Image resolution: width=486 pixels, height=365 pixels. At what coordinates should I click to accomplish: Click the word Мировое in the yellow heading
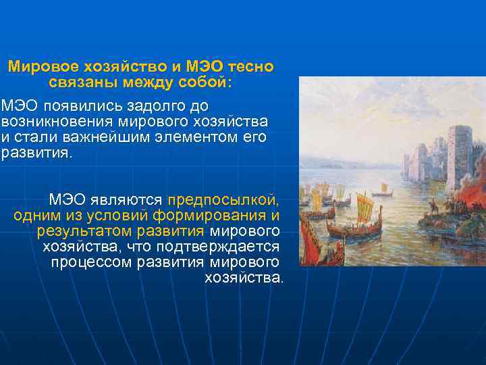click(x=40, y=67)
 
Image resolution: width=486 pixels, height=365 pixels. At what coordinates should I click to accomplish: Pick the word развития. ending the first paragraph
click(x=35, y=153)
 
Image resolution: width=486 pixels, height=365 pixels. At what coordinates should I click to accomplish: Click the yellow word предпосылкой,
click(x=223, y=200)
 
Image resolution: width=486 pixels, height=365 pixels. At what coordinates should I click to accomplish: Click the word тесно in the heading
click(x=250, y=67)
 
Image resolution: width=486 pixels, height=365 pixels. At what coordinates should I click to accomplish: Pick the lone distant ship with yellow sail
click(x=384, y=187)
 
